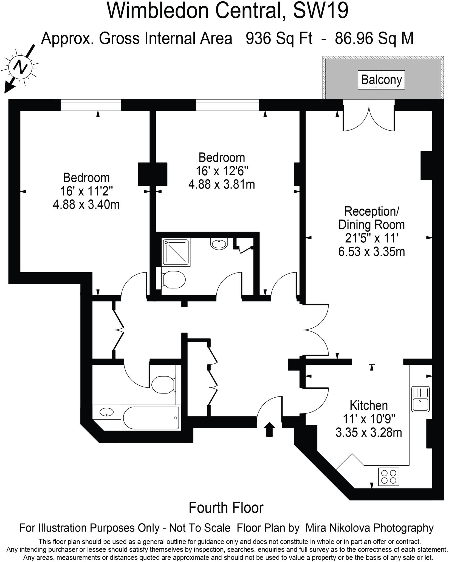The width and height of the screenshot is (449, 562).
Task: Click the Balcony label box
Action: pos(381,80)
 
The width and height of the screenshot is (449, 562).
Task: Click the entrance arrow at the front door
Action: pos(269,429)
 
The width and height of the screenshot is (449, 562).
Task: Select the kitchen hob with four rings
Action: pos(389,477)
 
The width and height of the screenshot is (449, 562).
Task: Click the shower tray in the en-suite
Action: pos(176,252)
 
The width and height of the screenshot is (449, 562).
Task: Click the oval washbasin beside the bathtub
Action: pos(107,412)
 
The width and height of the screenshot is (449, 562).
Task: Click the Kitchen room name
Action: pos(369,405)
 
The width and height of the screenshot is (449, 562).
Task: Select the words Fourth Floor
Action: pos(226,508)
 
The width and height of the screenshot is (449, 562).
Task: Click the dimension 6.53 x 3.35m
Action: pos(371,251)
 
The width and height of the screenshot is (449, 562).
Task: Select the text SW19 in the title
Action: pos(321,11)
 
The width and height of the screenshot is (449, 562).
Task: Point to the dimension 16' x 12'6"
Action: pos(222,171)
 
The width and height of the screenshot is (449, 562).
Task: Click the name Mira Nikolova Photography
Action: pos(369,528)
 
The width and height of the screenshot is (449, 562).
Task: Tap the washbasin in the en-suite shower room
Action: pos(219,243)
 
